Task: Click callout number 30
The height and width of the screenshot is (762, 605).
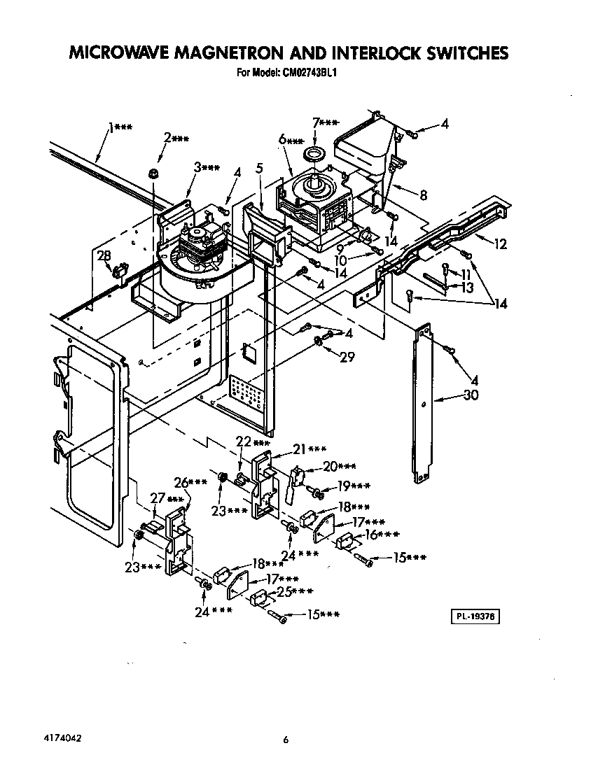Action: coord(472,395)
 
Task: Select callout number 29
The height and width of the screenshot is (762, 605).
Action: coord(347,358)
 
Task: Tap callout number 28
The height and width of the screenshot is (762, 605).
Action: coord(104,255)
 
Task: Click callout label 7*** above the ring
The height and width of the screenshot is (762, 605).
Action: coord(326,123)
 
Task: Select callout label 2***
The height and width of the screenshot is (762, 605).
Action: coord(176,138)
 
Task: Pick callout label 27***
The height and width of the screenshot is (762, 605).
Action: coord(167,499)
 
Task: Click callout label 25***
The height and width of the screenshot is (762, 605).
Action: coord(293,591)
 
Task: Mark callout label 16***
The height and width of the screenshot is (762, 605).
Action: coord(382,535)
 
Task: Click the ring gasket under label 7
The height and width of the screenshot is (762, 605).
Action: coord(314,154)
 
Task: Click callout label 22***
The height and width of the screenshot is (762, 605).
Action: coord(251,442)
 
